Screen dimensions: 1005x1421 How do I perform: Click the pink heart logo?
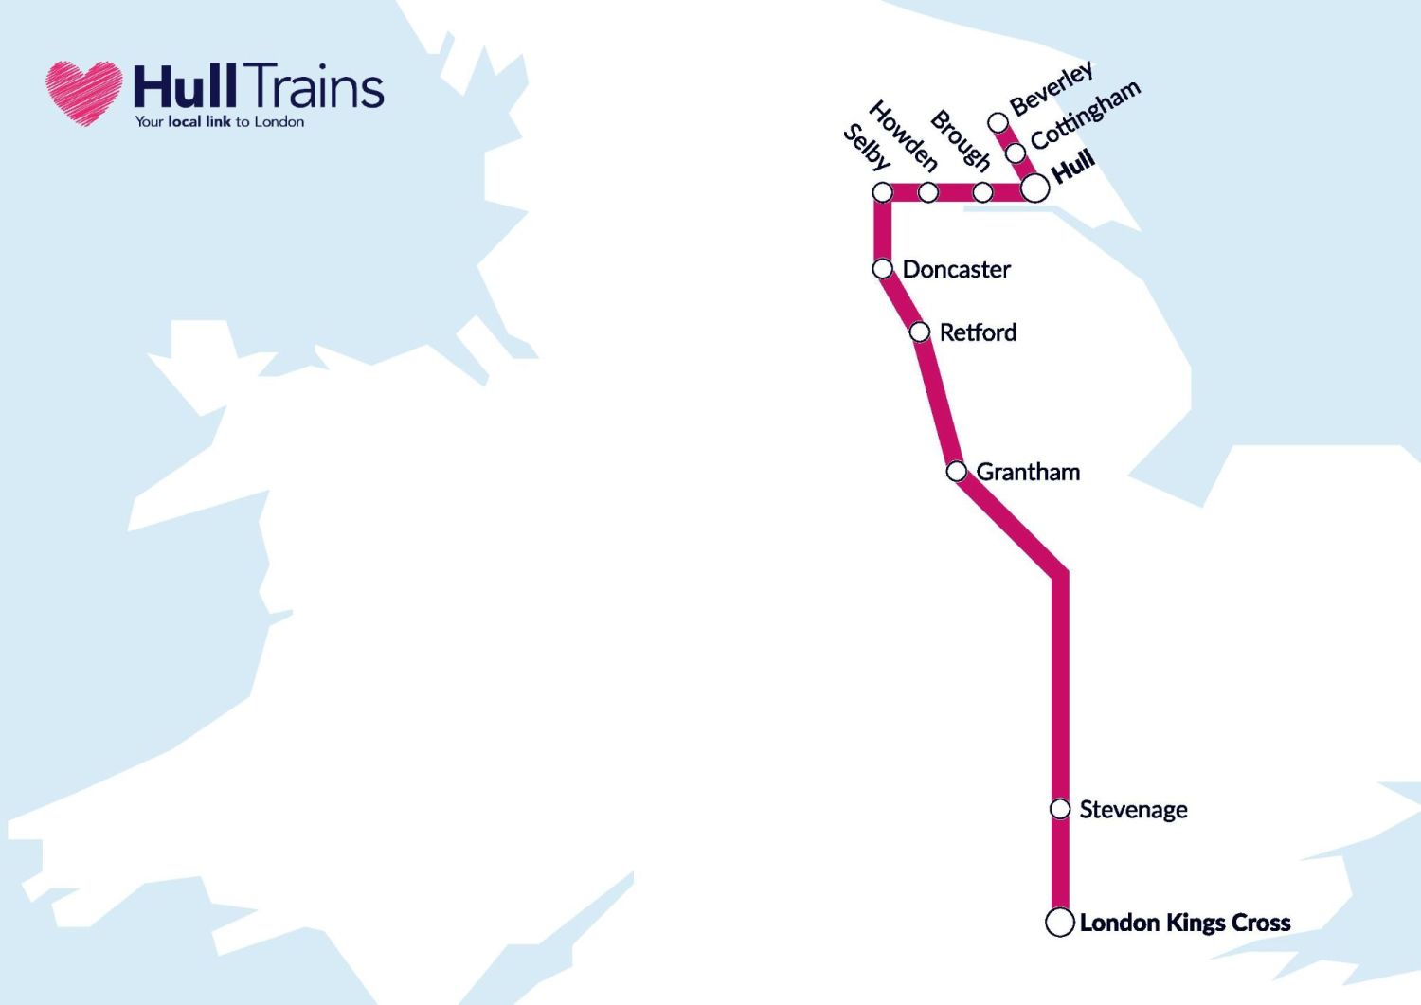click(84, 93)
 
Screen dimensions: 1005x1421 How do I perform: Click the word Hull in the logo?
click(185, 86)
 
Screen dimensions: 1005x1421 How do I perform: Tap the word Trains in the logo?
click(318, 86)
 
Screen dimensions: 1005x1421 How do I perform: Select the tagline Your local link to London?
click(219, 122)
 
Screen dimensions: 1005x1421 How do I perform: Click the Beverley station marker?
click(998, 122)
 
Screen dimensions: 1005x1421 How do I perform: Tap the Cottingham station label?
click(1085, 116)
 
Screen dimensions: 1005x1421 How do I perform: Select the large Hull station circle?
click(1034, 188)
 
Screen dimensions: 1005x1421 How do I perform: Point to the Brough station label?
click(960, 140)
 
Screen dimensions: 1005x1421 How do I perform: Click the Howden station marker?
click(928, 192)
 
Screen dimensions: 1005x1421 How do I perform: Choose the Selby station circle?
click(882, 192)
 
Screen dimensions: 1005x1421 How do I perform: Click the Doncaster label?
click(956, 270)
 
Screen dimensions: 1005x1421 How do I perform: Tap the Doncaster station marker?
click(882, 269)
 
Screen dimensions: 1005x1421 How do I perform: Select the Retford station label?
click(978, 332)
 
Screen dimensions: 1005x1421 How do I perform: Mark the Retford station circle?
click(919, 332)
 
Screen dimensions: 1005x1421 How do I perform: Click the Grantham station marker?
click(957, 471)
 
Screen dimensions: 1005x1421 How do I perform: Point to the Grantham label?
click(1028, 472)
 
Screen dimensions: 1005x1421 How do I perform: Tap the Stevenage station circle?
click(1060, 809)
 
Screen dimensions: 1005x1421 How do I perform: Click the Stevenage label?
click(1133, 810)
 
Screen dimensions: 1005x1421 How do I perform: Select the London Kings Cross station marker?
click(1059, 922)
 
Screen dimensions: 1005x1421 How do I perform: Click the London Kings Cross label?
click(1184, 923)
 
